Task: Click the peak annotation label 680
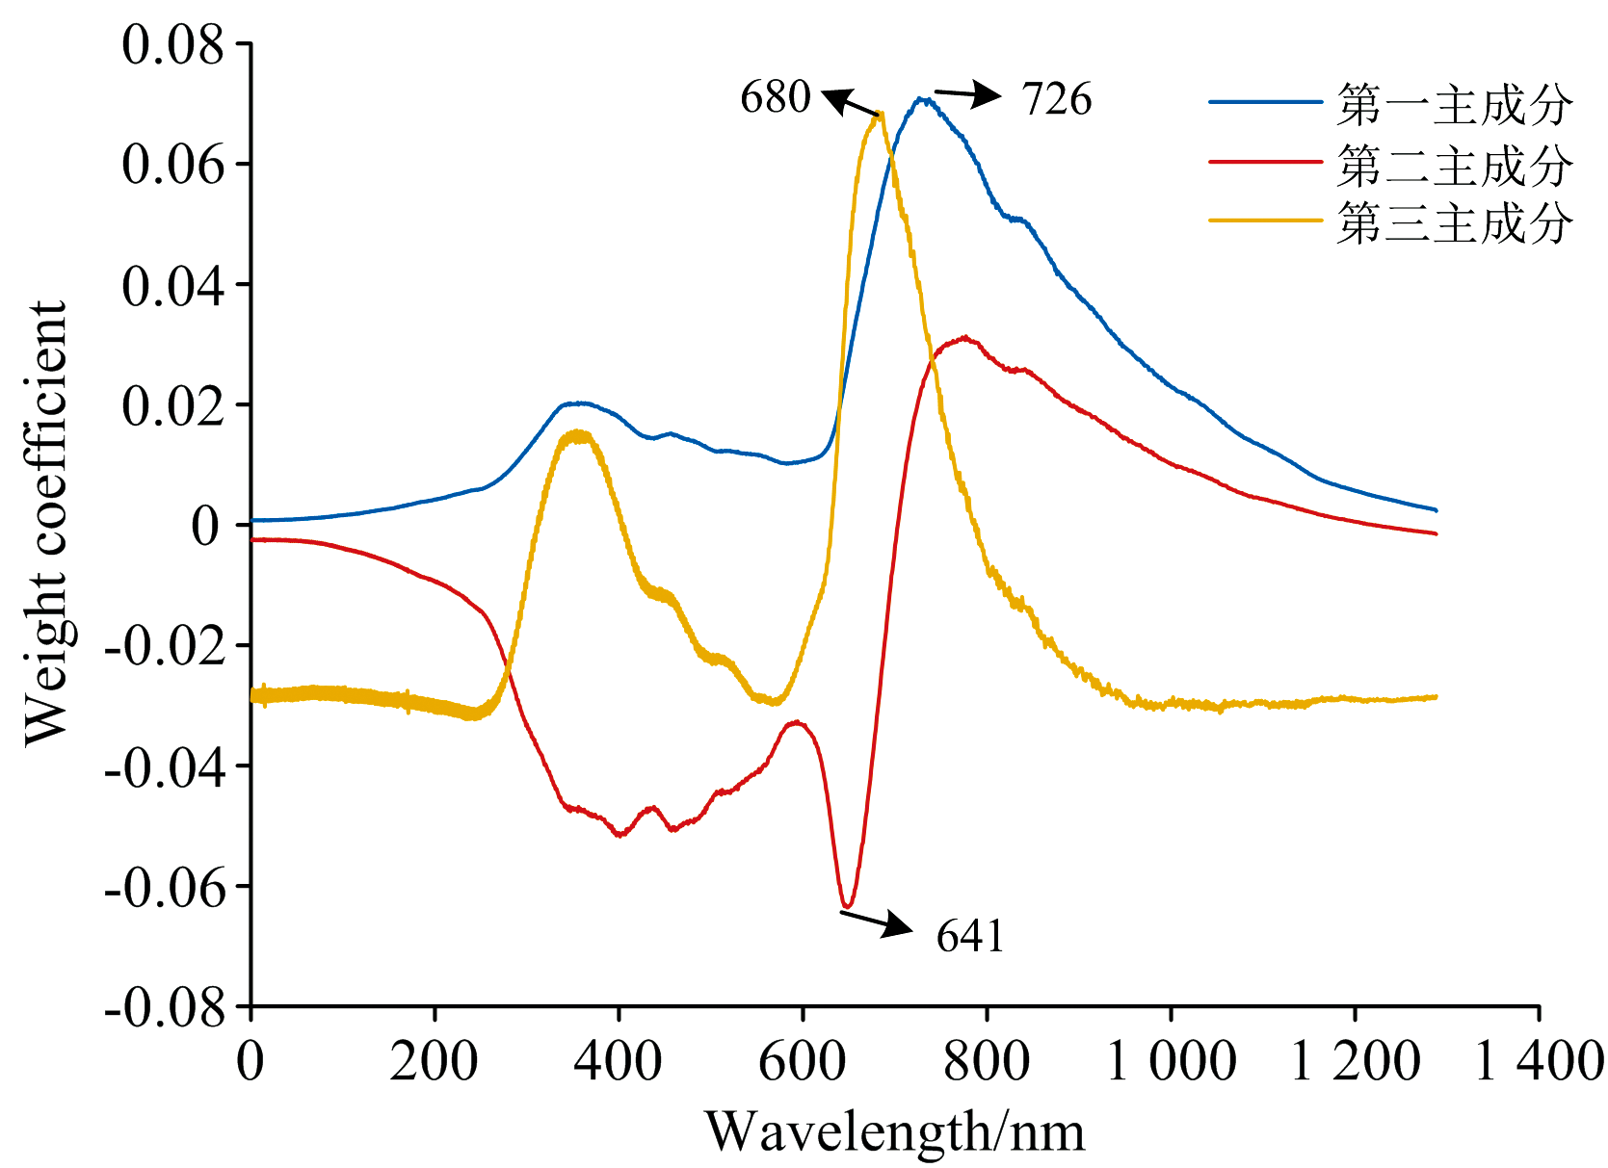775,97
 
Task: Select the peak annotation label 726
1056,99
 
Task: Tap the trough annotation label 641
969,936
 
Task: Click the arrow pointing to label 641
876,921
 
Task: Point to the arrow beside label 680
851,102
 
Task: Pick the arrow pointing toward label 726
968,94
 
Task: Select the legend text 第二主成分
1455,166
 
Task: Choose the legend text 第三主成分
1455,223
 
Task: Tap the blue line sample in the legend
1265,101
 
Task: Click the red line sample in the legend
1265,162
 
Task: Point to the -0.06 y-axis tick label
164,887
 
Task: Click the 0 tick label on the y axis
204,526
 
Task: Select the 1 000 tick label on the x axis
1171,1062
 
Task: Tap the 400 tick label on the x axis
619,1062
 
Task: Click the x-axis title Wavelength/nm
895,1131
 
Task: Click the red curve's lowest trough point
847,906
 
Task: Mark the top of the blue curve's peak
922,98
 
